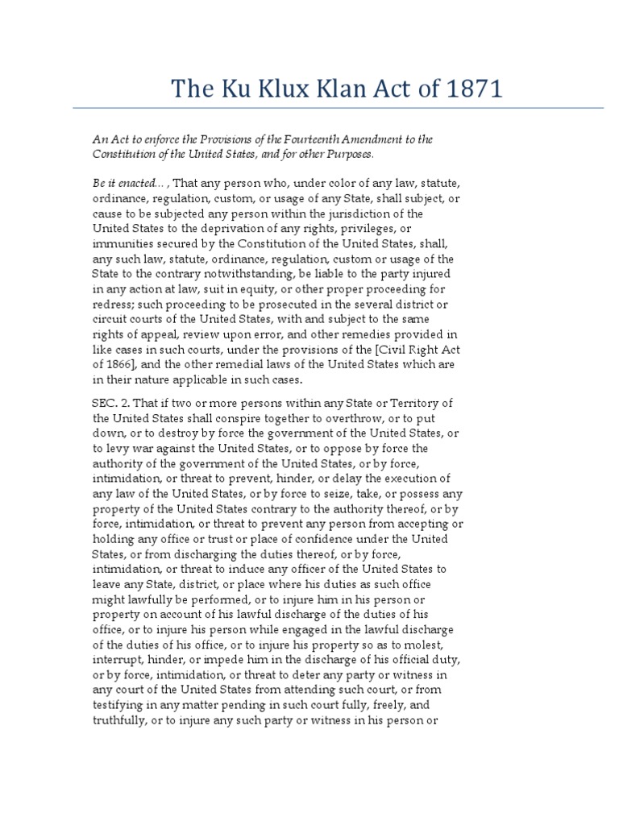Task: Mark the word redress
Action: [112, 304]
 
